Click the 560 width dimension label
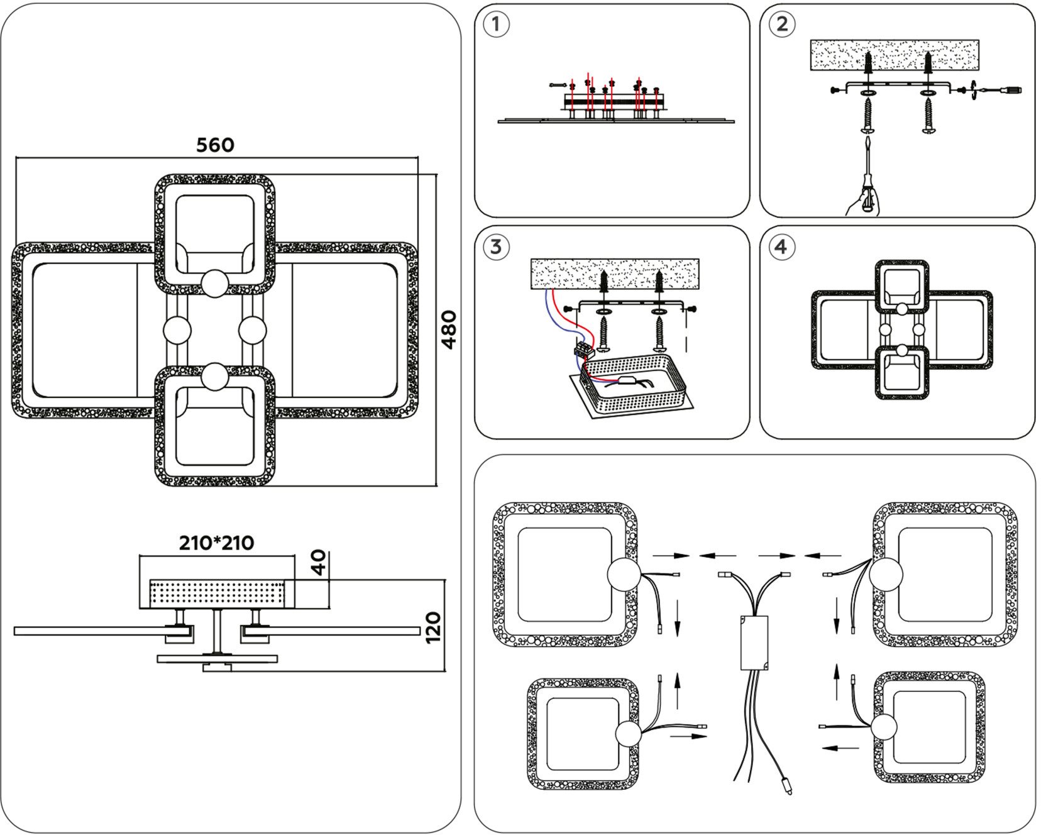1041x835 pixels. pyautogui.click(x=215, y=145)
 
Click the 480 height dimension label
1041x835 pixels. pyautogui.click(x=449, y=329)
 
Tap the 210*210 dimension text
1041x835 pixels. pyautogui.click(x=216, y=543)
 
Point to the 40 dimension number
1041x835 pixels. pyautogui.click(x=320, y=563)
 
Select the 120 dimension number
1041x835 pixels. pyautogui.click(x=434, y=627)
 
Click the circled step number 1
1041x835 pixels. pyautogui.click(x=497, y=25)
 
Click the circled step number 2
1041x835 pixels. pyautogui.click(x=781, y=25)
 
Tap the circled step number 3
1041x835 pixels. pyautogui.click(x=496, y=246)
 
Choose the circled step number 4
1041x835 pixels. pyautogui.click(x=781, y=246)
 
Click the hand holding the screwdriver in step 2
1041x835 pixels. pyautogui.click(x=860, y=202)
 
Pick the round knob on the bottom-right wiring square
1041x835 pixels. pyautogui.click(x=883, y=729)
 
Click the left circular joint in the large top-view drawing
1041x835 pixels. pyautogui.click(x=177, y=331)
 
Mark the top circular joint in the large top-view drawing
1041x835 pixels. pyautogui.click(x=215, y=282)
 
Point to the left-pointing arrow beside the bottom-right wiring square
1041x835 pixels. pyautogui.click(x=840, y=748)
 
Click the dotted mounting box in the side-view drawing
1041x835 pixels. pyautogui.click(x=217, y=594)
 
